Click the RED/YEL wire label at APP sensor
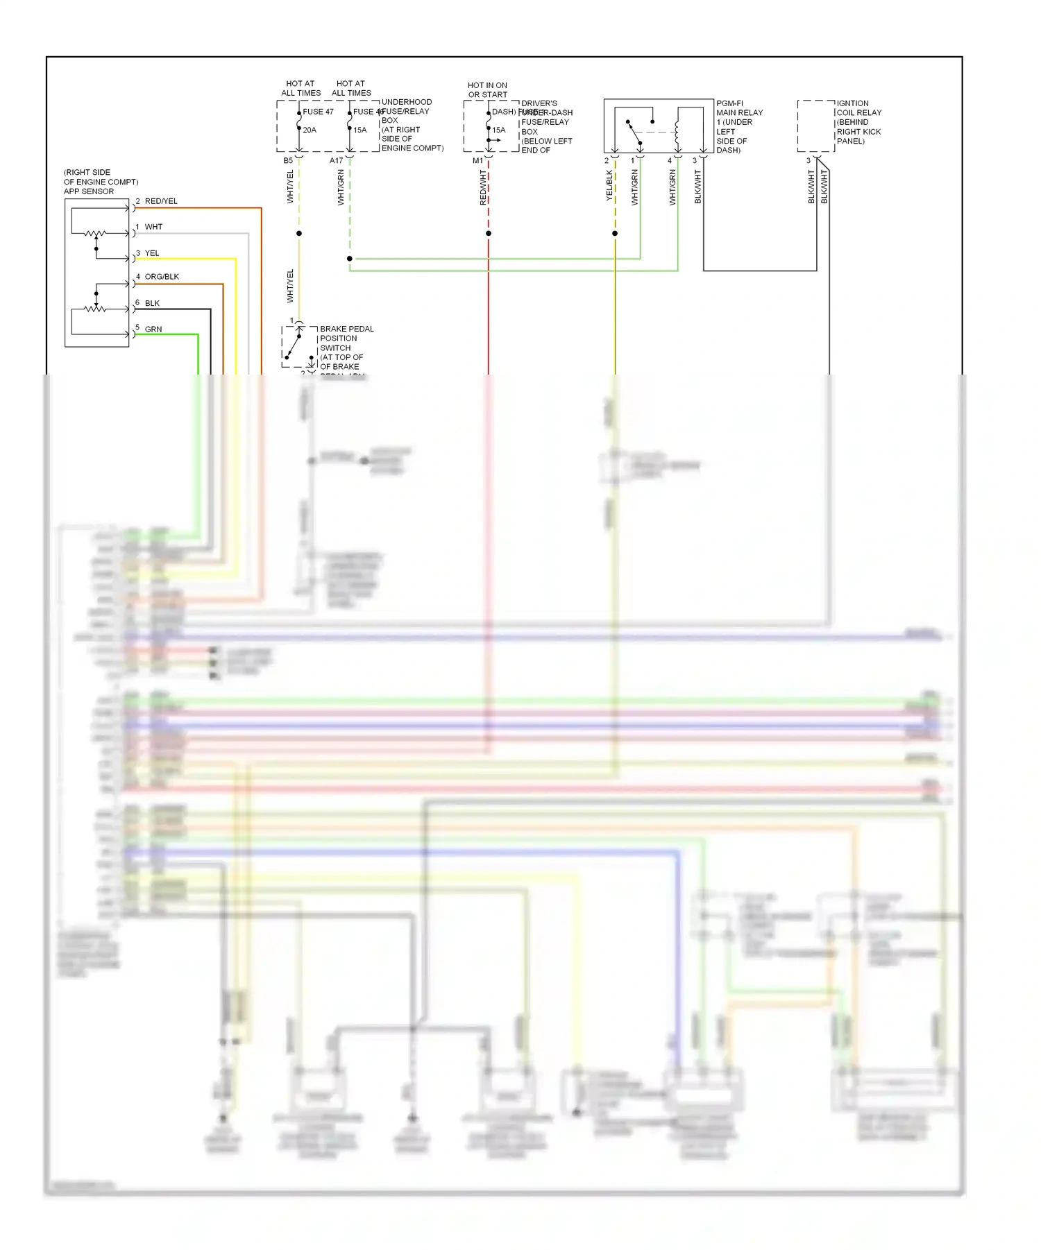(x=160, y=201)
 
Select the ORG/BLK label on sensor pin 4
(x=161, y=277)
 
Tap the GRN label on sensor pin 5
(x=153, y=329)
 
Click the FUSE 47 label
(x=318, y=112)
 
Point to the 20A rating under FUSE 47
(x=310, y=130)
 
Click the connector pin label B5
(x=288, y=161)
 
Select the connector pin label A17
(x=336, y=161)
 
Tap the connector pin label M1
(x=477, y=161)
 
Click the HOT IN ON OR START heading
(x=487, y=90)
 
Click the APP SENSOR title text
(x=89, y=191)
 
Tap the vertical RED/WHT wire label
(x=483, y=187)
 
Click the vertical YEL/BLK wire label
(x=609, y=186)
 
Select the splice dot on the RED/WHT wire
(x=489, y=234)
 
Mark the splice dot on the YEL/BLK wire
(x=615, y=234)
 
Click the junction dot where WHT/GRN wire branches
(x=350, y=259)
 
